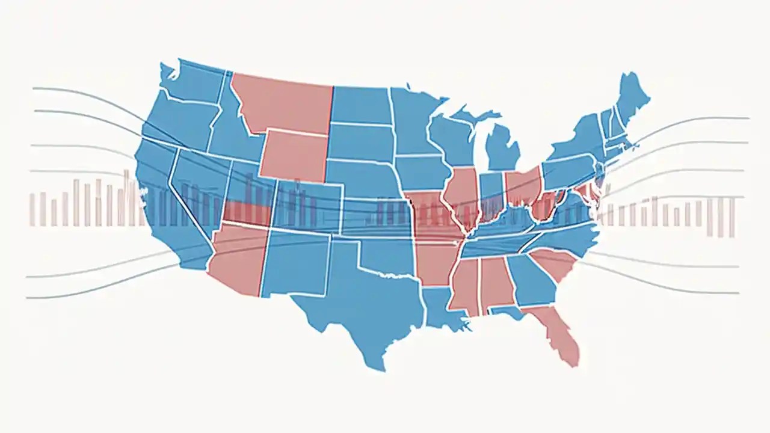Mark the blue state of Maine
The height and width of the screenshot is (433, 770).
coord(632,96)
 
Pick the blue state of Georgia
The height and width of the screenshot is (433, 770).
coord(529,280)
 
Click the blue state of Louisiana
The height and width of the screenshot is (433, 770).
coord(442,307)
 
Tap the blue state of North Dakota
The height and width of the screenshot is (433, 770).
coord(361,105)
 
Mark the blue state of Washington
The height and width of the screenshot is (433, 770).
coord(192,84)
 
